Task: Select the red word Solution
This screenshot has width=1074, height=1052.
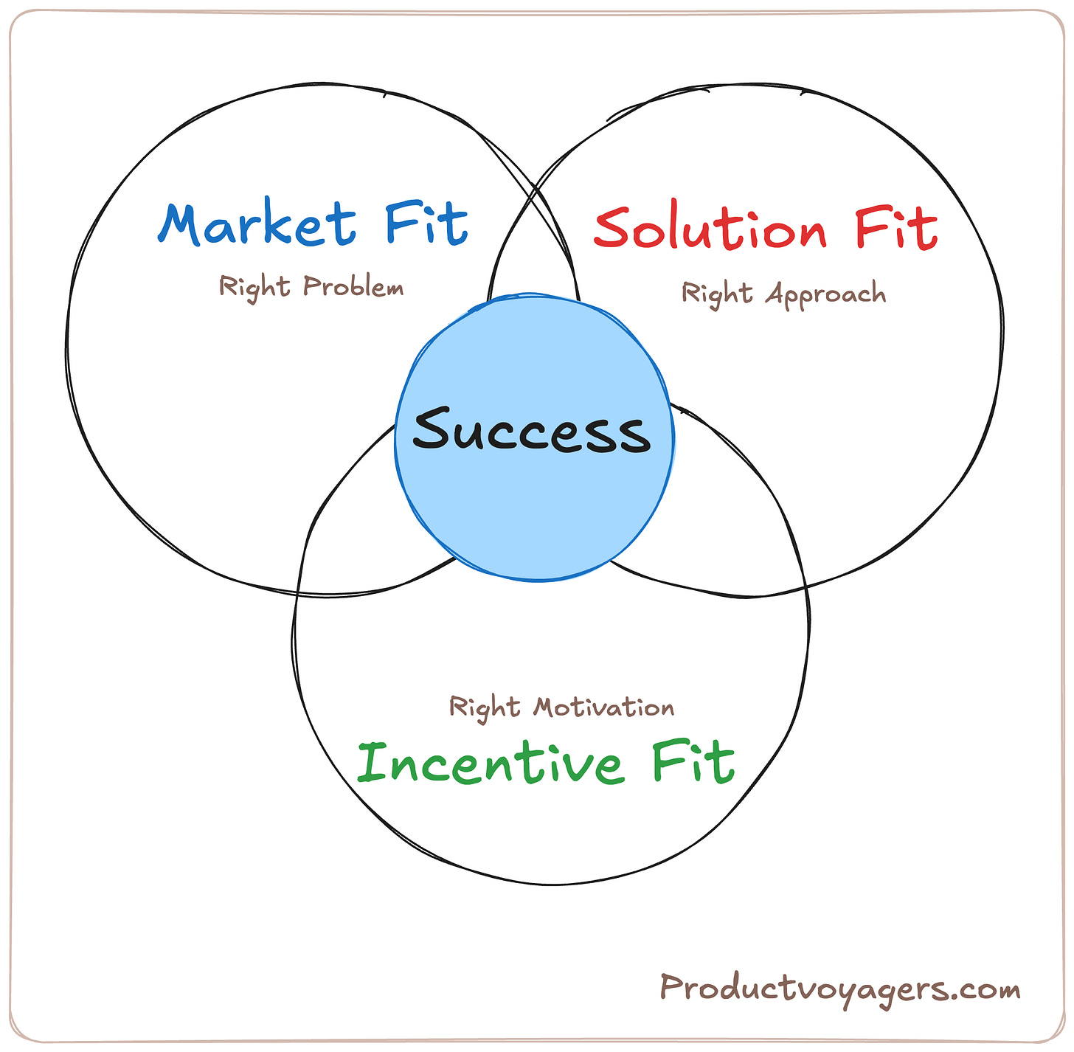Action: [710, 229]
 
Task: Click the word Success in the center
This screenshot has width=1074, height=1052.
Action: [531, 431]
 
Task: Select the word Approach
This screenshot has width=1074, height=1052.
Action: [825, 294]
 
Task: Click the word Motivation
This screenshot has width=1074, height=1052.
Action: [603, 707]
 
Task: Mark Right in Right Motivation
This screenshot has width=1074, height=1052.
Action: [485, 707]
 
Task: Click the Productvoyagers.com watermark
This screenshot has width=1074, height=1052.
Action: [839, 989]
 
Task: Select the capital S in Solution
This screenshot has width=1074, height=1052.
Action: [613, 229]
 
